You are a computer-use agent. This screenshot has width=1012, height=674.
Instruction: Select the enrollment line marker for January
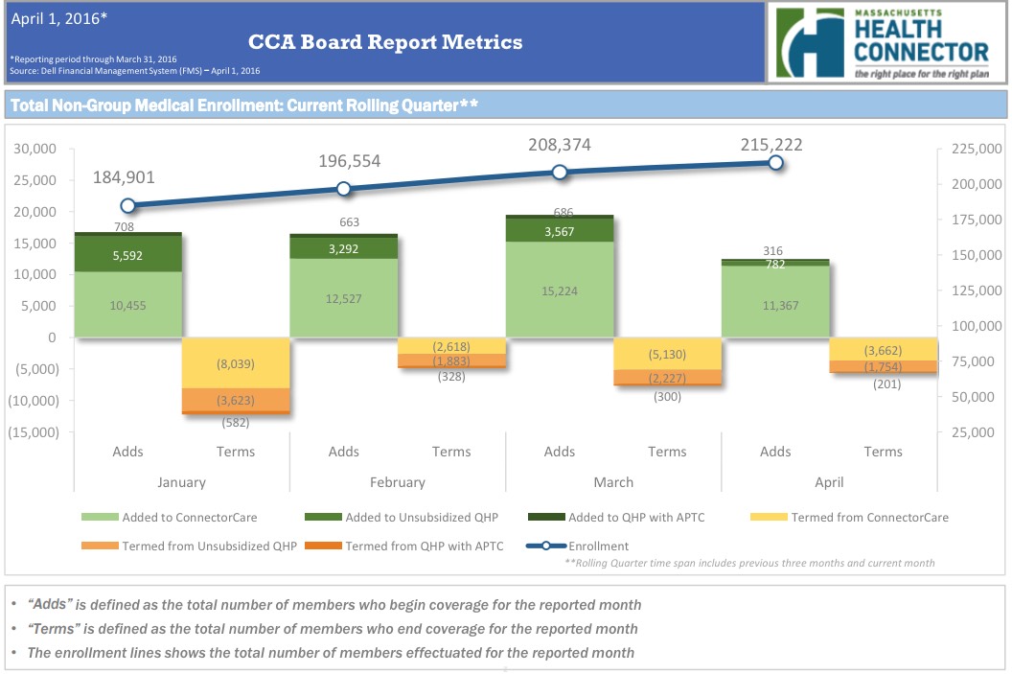(x=128, y=205)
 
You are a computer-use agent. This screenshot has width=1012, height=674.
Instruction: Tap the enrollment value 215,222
(x=771, y=145)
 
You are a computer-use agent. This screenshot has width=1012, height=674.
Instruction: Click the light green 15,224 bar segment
(x=560, y=291)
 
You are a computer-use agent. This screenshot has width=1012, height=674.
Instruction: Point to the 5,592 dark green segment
(x=128, y=256)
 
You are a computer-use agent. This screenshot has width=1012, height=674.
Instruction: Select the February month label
(x=398, y=482)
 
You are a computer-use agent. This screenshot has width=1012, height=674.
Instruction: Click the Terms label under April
(x=883, y=452)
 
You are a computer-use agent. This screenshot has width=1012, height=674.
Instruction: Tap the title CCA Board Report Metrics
(x=385, y=42)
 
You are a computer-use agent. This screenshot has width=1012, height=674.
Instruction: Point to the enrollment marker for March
(x=560, y=173)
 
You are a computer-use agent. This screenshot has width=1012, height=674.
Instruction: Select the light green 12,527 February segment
(x=344, y=297)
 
